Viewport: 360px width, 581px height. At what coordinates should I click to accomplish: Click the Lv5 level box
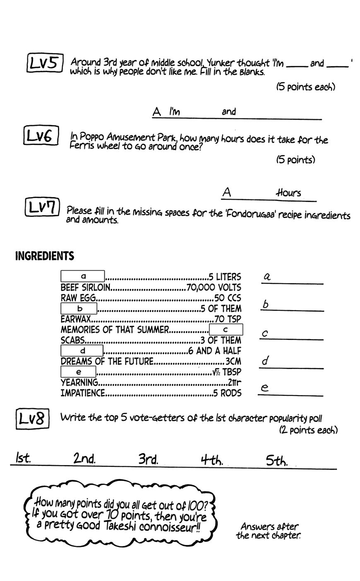point(45,63)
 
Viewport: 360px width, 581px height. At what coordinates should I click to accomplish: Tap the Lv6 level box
point(41,136)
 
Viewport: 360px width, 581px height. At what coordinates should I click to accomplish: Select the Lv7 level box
point(42,207)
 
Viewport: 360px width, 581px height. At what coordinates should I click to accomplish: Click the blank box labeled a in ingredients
point(83,276)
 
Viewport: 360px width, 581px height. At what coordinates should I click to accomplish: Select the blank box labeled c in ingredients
point(226,330)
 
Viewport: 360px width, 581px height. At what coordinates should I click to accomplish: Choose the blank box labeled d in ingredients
point(82,351)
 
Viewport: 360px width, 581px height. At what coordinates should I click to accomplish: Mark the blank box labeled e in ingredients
point(78,372)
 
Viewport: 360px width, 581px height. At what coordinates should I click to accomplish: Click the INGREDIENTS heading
point(45,256)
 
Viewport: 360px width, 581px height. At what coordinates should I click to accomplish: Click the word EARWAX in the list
point(76,319)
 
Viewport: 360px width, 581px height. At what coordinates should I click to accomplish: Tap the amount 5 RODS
point(227,393)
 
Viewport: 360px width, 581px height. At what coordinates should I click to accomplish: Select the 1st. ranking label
point(23,458)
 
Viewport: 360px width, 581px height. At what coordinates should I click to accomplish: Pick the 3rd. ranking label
point(148,459)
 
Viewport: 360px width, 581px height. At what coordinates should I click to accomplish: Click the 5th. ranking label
point(276,460)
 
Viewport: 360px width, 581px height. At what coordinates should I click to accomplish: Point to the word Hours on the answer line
point(288,193)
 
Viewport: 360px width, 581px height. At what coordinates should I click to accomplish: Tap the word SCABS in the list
point(73,340)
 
